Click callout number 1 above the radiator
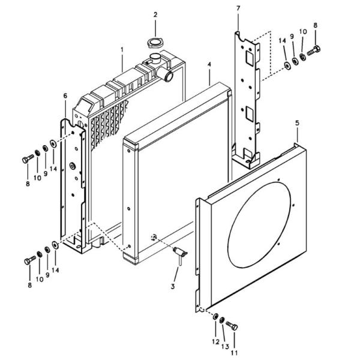[x=122, y=49]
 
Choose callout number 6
[x=65, y=95]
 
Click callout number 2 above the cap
[x=155, y=14]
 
